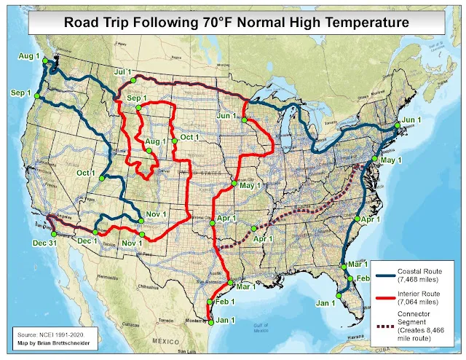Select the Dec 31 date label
point(44,242)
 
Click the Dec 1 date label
point(87,240)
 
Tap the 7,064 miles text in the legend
point(419,300)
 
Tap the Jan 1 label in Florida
point(324,302)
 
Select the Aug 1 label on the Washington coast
point(28,55)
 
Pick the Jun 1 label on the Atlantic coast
point(412,119)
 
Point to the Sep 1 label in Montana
point(137,98)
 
